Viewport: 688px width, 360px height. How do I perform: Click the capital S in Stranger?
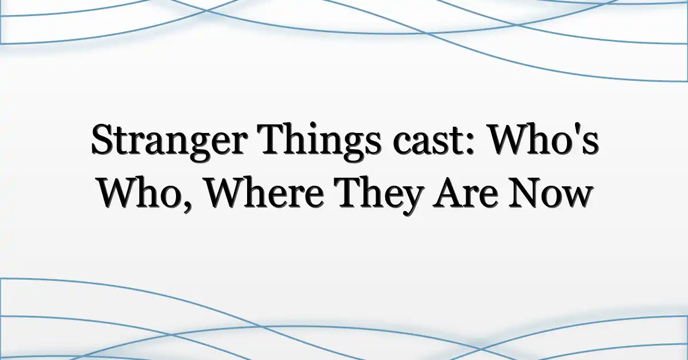tap(102, 139)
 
